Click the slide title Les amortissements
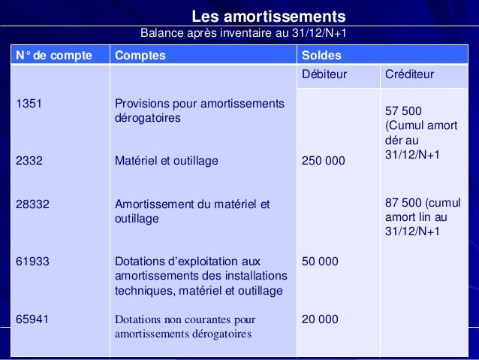tap(268, 16)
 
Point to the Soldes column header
tap(321, 56)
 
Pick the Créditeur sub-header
tap(409, 75)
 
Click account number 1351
tap(29, 104)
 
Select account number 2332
tap(29, 160)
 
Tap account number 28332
tap(32, 203)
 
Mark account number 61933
tap(32, 262)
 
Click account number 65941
tap(32, 319)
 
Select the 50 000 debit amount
tap(320, 262)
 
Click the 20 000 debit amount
tap(320, 319)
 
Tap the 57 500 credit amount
tap(403, 110)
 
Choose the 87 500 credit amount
tap(403, 203)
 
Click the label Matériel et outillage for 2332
tap(166, 160)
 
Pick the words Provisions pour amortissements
tap(199, 104)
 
